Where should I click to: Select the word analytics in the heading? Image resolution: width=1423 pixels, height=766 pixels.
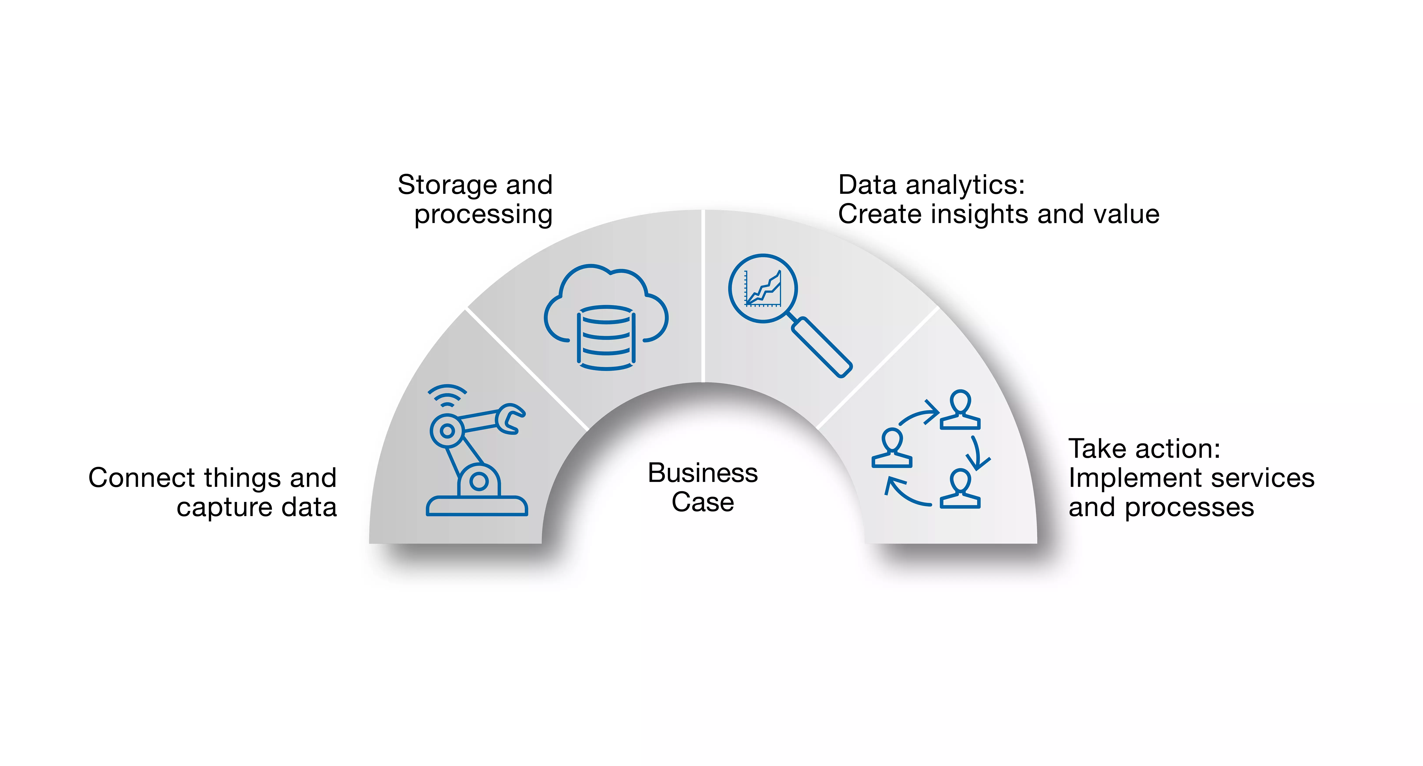964,185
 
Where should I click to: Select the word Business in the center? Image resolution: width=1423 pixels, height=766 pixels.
703,473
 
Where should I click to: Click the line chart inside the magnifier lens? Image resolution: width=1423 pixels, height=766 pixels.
763,288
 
